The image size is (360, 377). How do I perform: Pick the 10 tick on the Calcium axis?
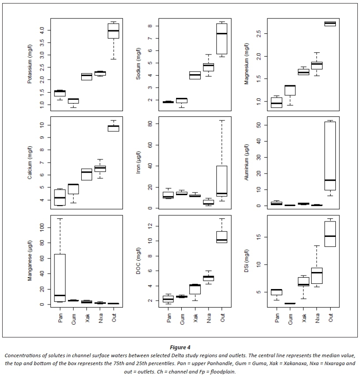pos(42,125)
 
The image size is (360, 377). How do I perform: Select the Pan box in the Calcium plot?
pos(60,197)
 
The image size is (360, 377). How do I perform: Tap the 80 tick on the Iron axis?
pos(149,123)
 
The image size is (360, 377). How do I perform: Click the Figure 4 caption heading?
pos(180,347)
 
